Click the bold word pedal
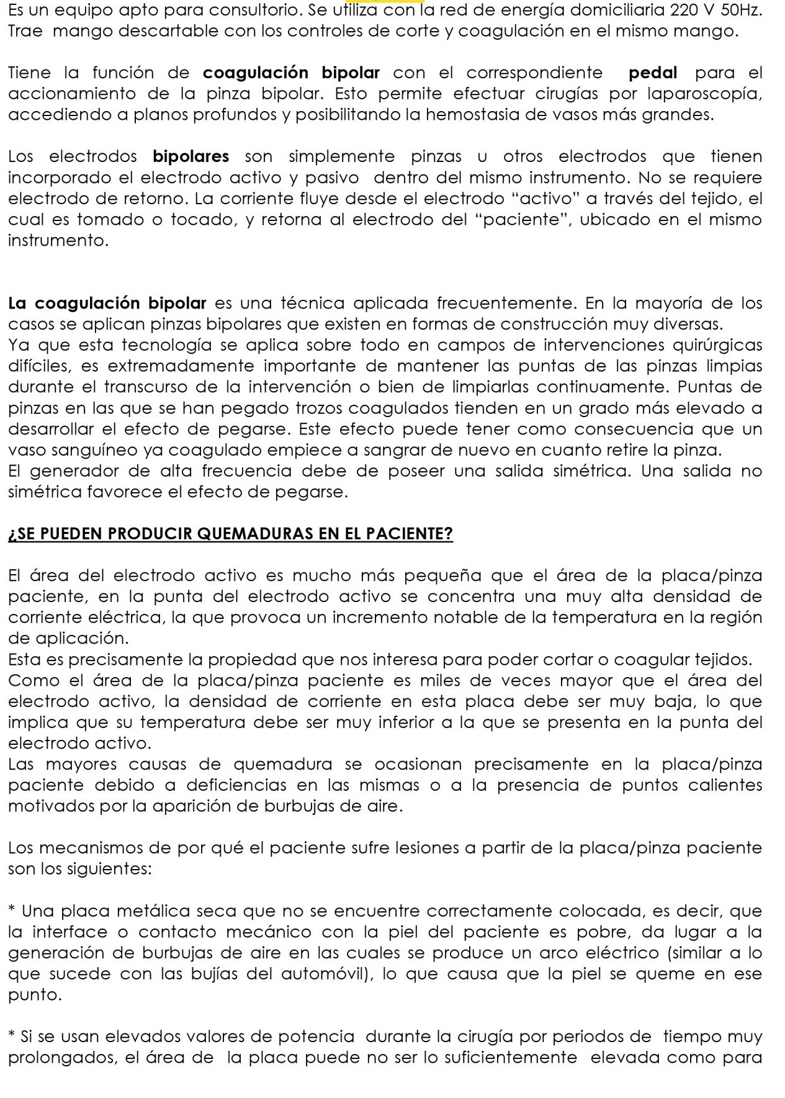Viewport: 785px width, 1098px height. tap(653, 73)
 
